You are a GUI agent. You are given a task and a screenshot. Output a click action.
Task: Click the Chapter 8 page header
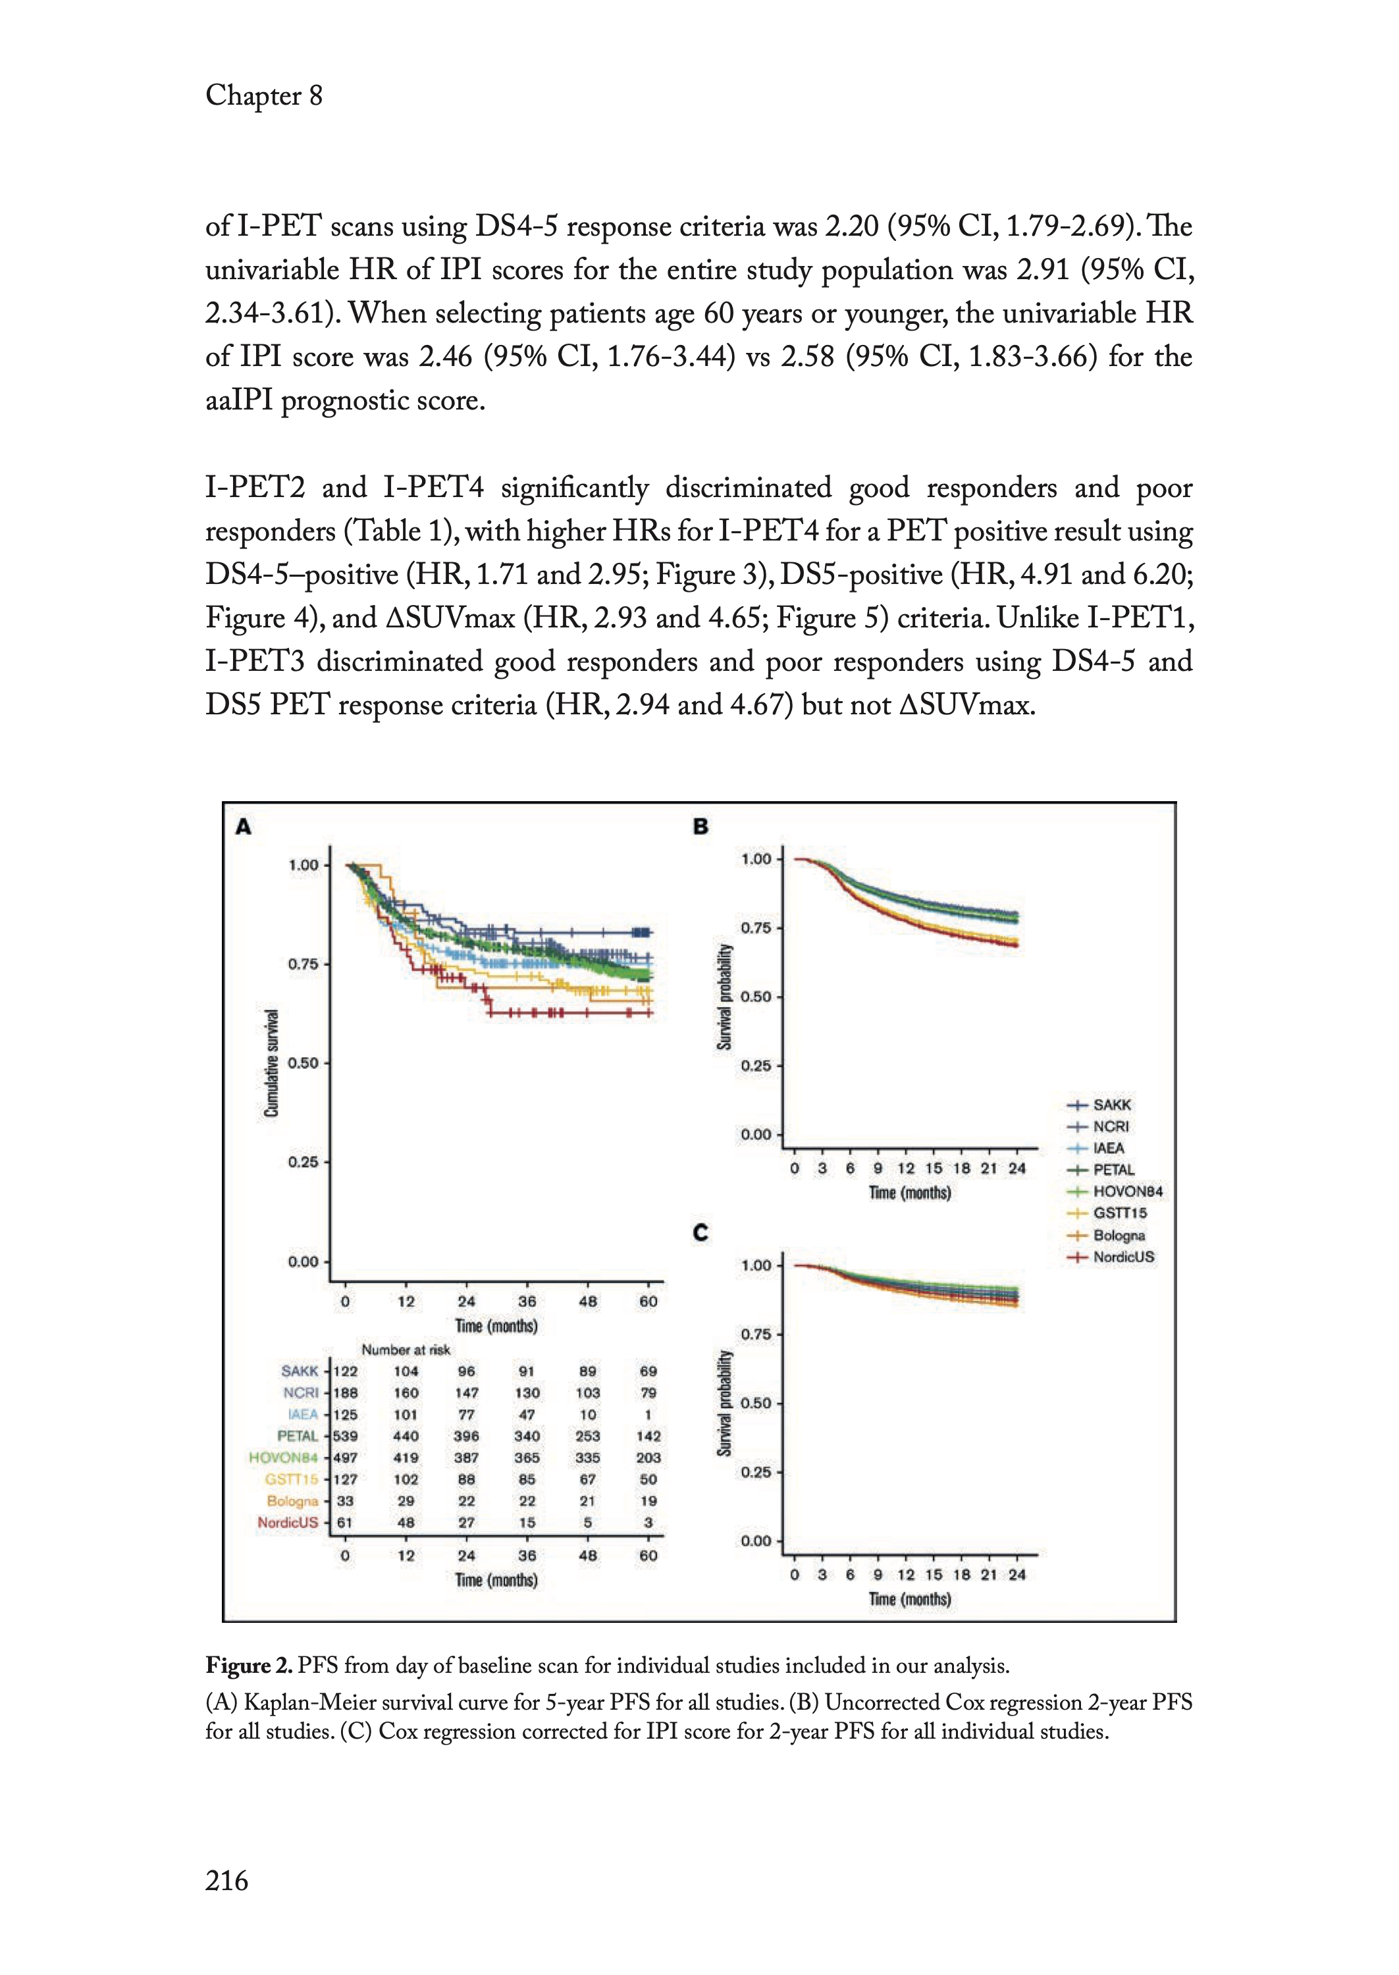click(x=263, y=95)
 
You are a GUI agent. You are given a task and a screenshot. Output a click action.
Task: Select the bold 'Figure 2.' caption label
click(x=250, y=1665)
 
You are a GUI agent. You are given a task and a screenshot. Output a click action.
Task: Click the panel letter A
click(x=244, y=827)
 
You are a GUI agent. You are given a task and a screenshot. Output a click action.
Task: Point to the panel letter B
click(x=701, y=827)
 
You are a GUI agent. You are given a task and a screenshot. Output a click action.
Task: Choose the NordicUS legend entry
click(x=1122, y=1257)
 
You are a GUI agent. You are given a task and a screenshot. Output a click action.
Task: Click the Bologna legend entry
click(x=1118, y=1235)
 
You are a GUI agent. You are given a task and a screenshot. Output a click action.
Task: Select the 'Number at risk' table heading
click(x=406, y=1350)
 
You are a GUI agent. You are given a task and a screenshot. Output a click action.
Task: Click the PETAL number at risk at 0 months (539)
click(x=346, y=1436)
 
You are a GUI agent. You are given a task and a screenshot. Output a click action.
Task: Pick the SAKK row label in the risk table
click(x=300, y=1371)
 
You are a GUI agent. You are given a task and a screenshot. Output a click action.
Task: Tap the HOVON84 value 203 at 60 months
click(x=648, y=1458)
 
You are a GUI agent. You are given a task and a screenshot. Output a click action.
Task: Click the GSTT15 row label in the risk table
click(x=291, y=1479)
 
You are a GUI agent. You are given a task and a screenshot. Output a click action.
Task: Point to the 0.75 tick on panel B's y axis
click(x=756, y=928)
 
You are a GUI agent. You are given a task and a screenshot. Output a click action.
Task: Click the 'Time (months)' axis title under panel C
click(x=910, y=1600)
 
